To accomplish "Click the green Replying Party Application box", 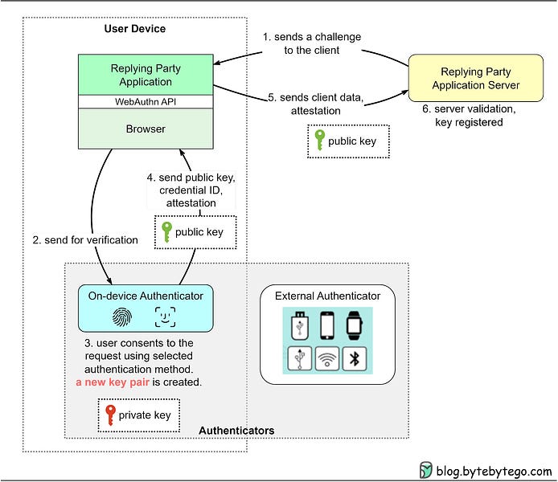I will (146, 75).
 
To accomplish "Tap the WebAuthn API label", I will (146, 102).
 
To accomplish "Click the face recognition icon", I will (165, 317).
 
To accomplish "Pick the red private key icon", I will (111, 416).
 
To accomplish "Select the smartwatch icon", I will (355, 325).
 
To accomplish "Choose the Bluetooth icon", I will (355, 358).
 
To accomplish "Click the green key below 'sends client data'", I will (319, 141).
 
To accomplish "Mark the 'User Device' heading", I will (135, 29).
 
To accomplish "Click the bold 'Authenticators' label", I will (236, 431).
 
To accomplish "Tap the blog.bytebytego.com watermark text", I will (494, 471).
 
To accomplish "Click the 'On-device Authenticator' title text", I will (146, 296).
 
